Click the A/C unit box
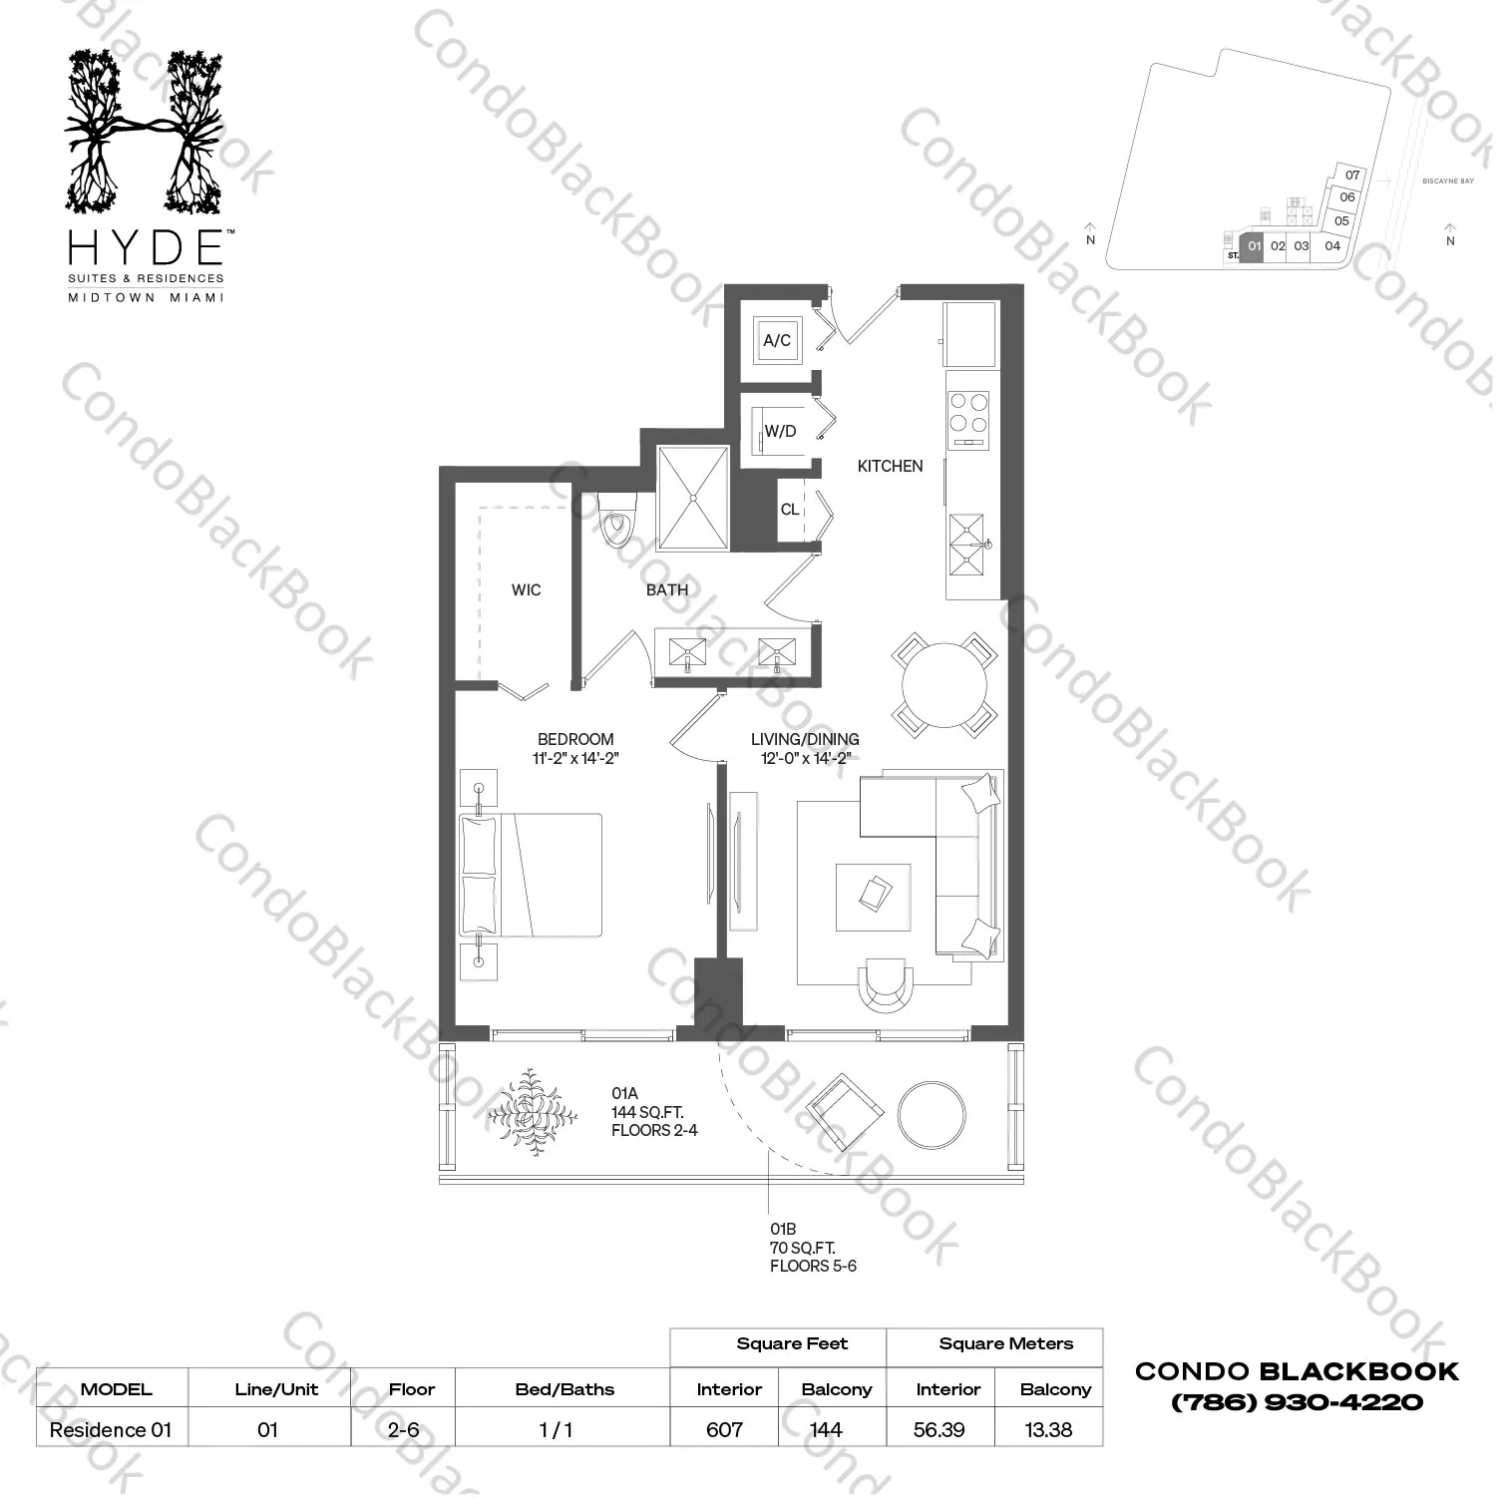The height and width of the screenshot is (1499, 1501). (777, 340)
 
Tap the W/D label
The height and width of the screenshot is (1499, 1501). (780, 431)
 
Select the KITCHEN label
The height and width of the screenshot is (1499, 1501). (890, 466)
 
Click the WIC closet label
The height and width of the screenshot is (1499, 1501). (526, 589)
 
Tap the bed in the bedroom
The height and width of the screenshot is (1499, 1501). (532, 875)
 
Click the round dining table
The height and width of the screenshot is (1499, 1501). (944, 684)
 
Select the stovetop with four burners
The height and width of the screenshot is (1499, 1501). (968, 420)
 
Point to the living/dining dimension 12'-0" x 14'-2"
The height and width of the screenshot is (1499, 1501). (805, 758)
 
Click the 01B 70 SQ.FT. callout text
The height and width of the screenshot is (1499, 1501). (802, 1248)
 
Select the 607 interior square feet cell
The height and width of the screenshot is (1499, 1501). (725, 1429)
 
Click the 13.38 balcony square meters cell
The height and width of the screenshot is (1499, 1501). (1048, 1429)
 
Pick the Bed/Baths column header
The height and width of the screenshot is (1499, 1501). (564, 1389)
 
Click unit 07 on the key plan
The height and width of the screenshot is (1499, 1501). (1352, 176)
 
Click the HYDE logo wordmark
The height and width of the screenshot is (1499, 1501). (145, 246)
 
